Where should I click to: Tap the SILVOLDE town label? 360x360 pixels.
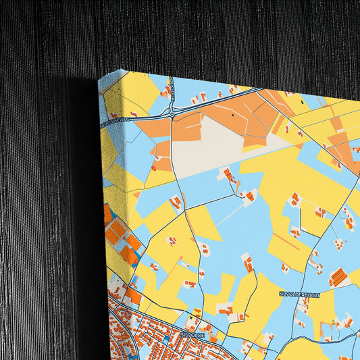coord(191,334)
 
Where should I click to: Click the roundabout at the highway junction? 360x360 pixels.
coord(172,114)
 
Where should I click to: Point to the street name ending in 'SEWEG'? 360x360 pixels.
coord(113,122)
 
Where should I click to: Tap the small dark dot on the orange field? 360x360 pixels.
coord(235,115)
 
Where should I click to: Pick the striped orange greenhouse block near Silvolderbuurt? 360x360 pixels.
coord(337,277)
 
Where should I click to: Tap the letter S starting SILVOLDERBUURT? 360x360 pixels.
coord(281,294)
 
